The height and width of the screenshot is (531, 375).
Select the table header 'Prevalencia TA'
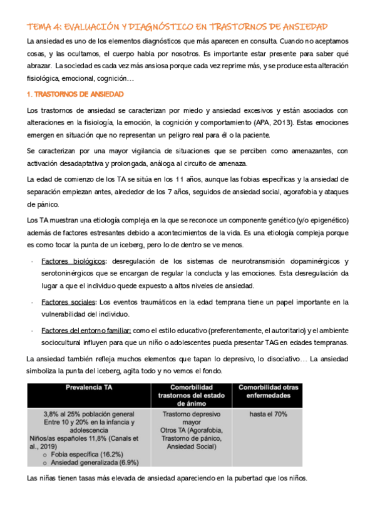click(x=88, y=388)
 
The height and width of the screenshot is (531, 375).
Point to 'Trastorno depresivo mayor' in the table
click(x=192, y=419)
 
